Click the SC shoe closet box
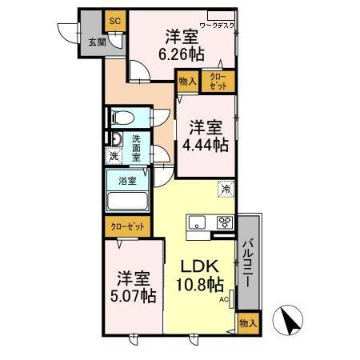coord(114,20)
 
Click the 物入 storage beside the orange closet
coord(186,82)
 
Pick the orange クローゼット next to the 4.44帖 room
coord(218,82)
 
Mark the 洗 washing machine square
coord(114,158)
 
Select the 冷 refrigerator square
coord(226,190)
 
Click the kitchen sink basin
coord(198,222)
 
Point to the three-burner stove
coord(224,222)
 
